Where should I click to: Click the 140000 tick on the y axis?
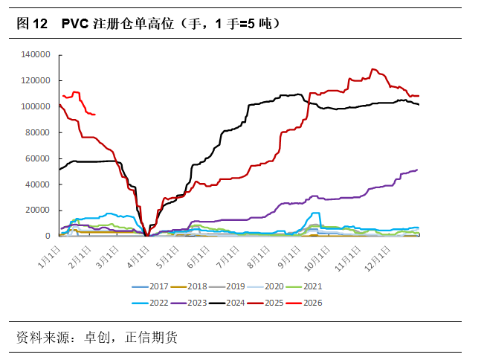(36, 55)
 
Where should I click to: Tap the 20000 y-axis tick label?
(38, 210)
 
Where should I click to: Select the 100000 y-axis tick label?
(36, 106)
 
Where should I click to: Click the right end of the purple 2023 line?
(417, 170)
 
